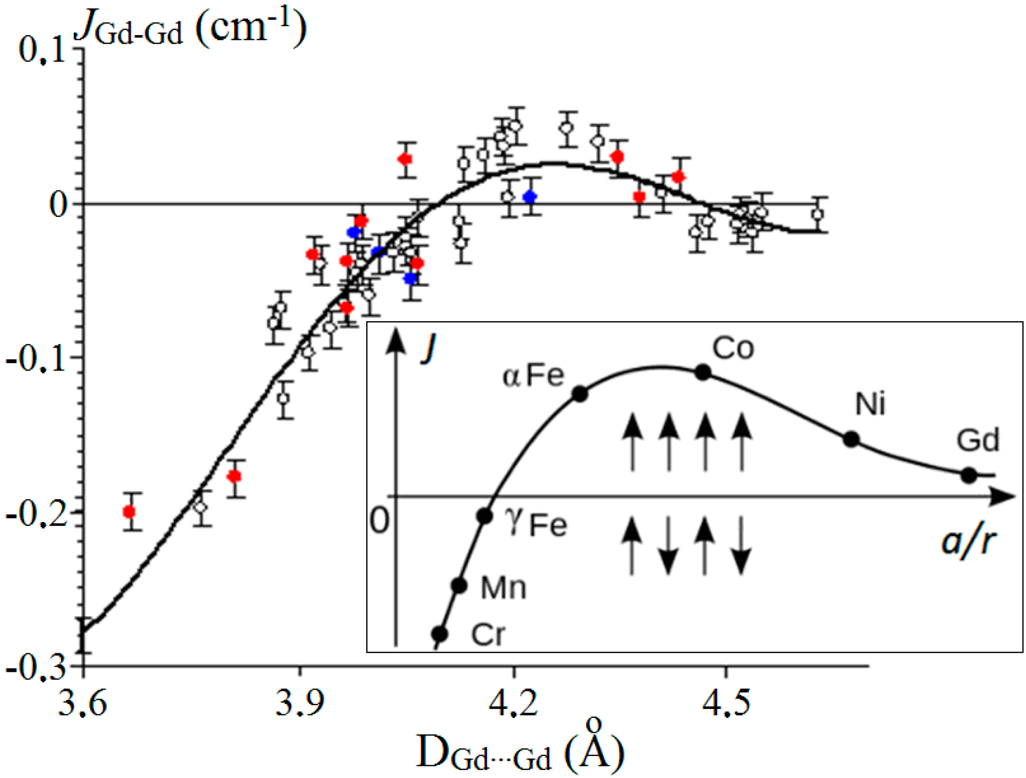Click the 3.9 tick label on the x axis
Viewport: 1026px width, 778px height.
pyautogui.click(x=299, y=702)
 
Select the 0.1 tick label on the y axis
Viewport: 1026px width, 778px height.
pyautogui.click(x=43, y=50)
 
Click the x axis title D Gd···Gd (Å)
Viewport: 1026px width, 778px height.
pyautogui.click(x=521, y=751)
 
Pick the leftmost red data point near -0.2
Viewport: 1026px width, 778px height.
pyautogui.click(x=129, y=512)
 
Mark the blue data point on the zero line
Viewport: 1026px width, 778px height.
pyautogui.click(x=530, y=197)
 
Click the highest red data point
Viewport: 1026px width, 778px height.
pyautogui.click(x=405, y=159)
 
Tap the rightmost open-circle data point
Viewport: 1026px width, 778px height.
pyautogui.click(x=818, y=214)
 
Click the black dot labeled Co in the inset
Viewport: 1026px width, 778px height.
pyautogui.click(x=703, y=372)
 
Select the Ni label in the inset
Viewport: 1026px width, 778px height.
pyautogui.click(x=870, y=404)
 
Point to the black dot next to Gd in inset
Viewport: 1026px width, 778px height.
pyautogui.click(x=969, y=475)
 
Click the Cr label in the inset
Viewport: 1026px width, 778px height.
pyautogui.click(x=488, y=635)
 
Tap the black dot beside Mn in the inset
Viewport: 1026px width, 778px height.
pyautogui.click(x=459, y=585)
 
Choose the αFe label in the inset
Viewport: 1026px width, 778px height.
pyautogui.click(x=533, y=376)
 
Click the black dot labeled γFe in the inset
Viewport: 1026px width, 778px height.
pyautogui.click(x=484, y=516)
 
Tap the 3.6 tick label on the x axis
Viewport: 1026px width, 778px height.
pyautogui.click(x=83, y=702)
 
